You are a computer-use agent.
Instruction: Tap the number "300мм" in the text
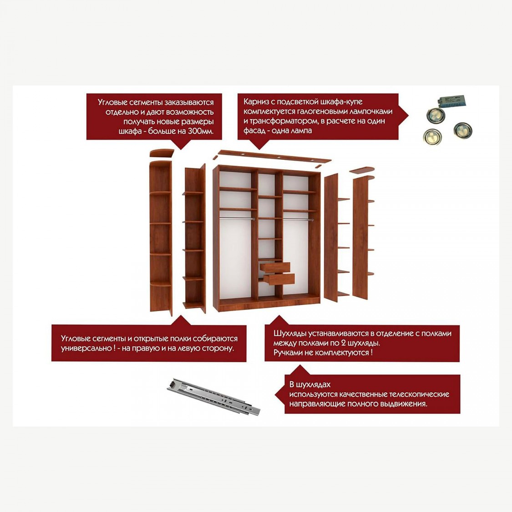point(200,131)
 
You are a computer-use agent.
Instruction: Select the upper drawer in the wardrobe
point(275,268)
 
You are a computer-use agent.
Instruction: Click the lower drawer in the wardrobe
point(279,279)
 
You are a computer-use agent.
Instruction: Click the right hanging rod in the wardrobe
point(298,219)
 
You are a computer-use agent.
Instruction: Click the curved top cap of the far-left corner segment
point(162,153)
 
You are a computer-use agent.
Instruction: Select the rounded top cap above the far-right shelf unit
point(362,170)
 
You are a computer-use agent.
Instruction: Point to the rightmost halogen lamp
point(463,130)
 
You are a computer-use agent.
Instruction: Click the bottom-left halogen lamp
point(432,136)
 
